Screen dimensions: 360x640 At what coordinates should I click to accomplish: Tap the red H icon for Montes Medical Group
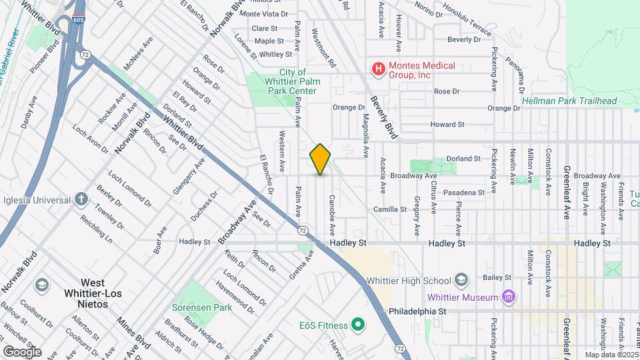379,69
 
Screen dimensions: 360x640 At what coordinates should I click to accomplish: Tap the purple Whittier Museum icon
509,297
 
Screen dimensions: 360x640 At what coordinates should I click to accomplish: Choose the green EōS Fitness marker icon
358,325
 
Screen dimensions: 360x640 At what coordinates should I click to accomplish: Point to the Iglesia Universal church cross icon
81,199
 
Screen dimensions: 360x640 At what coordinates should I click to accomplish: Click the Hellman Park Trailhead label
570,101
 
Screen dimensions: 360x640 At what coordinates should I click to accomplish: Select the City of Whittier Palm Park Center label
293,81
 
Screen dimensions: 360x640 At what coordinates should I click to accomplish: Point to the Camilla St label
390,209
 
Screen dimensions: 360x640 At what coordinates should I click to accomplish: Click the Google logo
22,351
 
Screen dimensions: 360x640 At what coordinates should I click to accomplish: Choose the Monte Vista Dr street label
263,13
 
